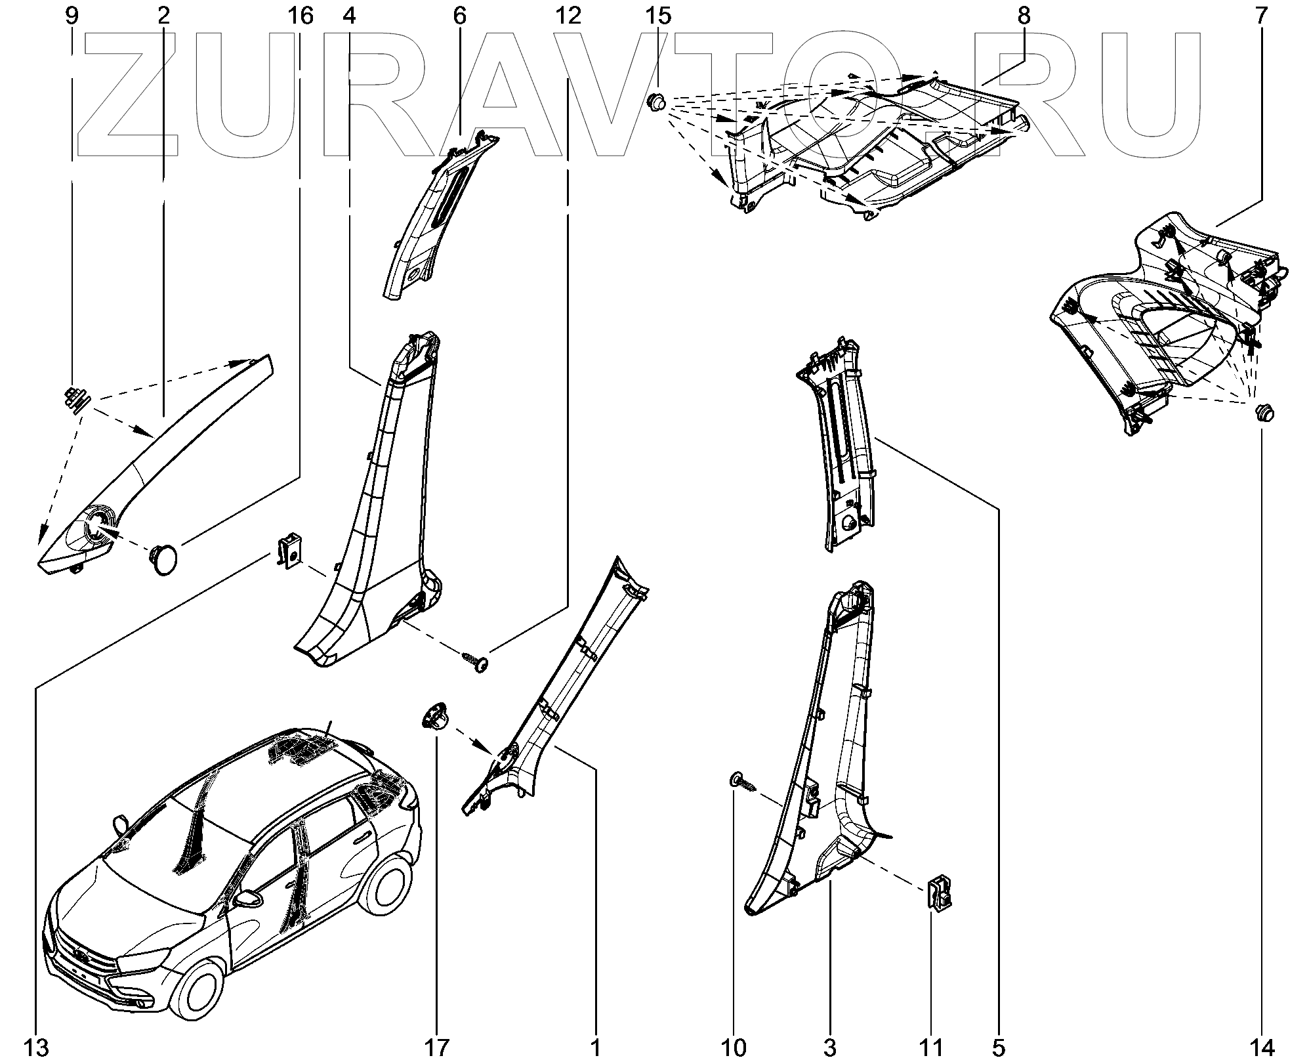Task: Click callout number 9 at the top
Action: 72,16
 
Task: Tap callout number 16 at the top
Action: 301,16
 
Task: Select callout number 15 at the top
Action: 658,16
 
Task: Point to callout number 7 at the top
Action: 1262,16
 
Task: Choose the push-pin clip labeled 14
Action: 1262,413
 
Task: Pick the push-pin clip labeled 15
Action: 657,102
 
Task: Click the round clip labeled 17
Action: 435,716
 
